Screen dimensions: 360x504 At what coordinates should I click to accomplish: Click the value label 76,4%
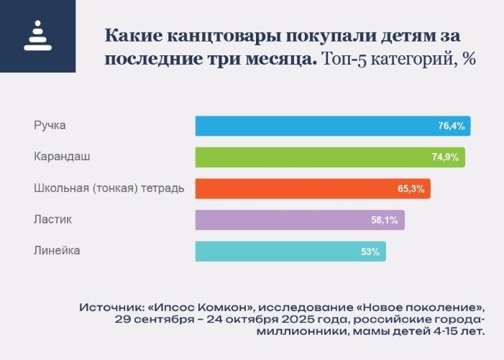[x=452, y=126]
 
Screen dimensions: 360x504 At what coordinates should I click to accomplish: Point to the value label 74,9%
[x=446, y=157]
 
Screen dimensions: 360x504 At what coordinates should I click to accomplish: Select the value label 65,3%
[x=411, y=189]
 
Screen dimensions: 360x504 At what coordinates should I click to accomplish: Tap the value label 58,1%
[x=385, y=220]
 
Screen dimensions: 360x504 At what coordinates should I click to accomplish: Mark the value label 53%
[x=370, y=251]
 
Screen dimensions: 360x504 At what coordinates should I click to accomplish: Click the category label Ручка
[x=50, y=126]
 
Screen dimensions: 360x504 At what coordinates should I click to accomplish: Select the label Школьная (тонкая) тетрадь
[x=109, y=188]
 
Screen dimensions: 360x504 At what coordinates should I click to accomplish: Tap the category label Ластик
[x=53, y=219]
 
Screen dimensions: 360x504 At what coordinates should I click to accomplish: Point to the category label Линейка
[x=57, y=251]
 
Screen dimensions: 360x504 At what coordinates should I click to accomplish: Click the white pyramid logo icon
[x=37, y=36]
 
